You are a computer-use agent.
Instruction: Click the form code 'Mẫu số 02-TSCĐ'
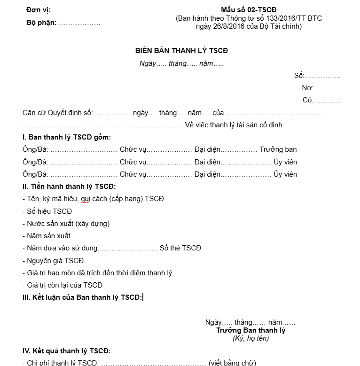[x=249, y=10]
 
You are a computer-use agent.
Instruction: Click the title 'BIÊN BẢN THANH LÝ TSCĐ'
[x=181, y=51]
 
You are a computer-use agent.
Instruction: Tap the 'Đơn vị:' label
[x=39, y=10]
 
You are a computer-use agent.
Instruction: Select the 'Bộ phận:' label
[x=41, y=22]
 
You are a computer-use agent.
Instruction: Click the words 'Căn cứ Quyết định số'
[x=58, y=113]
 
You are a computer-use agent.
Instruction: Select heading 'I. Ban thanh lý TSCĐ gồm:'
[x=67, y=137]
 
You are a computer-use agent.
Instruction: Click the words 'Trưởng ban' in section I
[x=278, y=149]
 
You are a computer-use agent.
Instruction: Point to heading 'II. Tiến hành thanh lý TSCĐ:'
[x=69, y=187]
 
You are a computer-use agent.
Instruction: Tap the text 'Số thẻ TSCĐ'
[x=180, y=248]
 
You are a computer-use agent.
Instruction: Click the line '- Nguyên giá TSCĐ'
[x=53, y=260]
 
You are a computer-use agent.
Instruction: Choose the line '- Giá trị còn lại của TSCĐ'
[x=62, y=285]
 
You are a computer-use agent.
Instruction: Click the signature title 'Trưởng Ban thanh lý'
[x=250, y=330]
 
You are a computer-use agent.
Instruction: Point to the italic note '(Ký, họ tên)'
[x=250, y=338]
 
